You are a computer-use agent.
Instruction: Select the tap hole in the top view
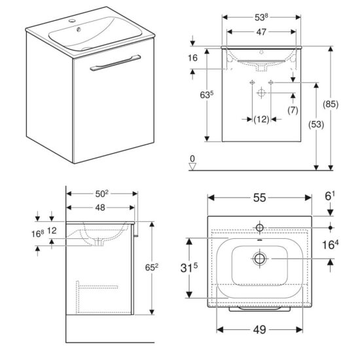(x=259, y=227)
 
